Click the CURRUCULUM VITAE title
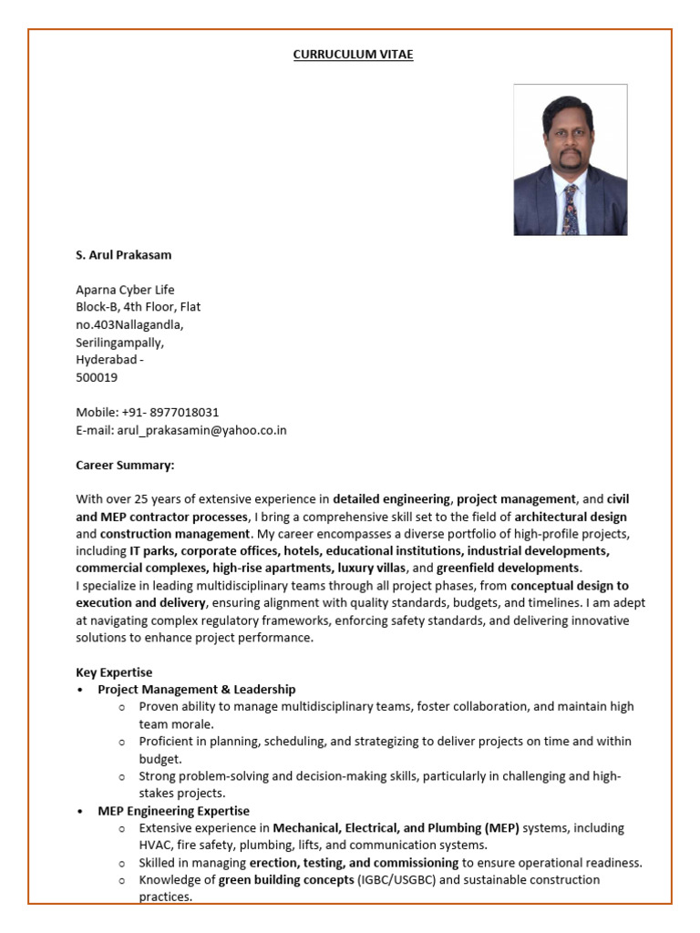pos(353,55)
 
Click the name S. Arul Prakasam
pos(123,255)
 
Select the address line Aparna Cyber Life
pos(125,290)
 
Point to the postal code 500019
pos(97,377)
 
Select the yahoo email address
pos(201,430)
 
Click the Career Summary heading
pos(125,465)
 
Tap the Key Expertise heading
pos(114,672)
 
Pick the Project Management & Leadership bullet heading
pos(197,690)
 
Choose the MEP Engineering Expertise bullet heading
pos(173,811)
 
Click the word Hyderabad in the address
pos(105,360)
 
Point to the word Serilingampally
pos(120,343)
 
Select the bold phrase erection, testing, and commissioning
pos(354,863)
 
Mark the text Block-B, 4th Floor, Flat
pos(138,307)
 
